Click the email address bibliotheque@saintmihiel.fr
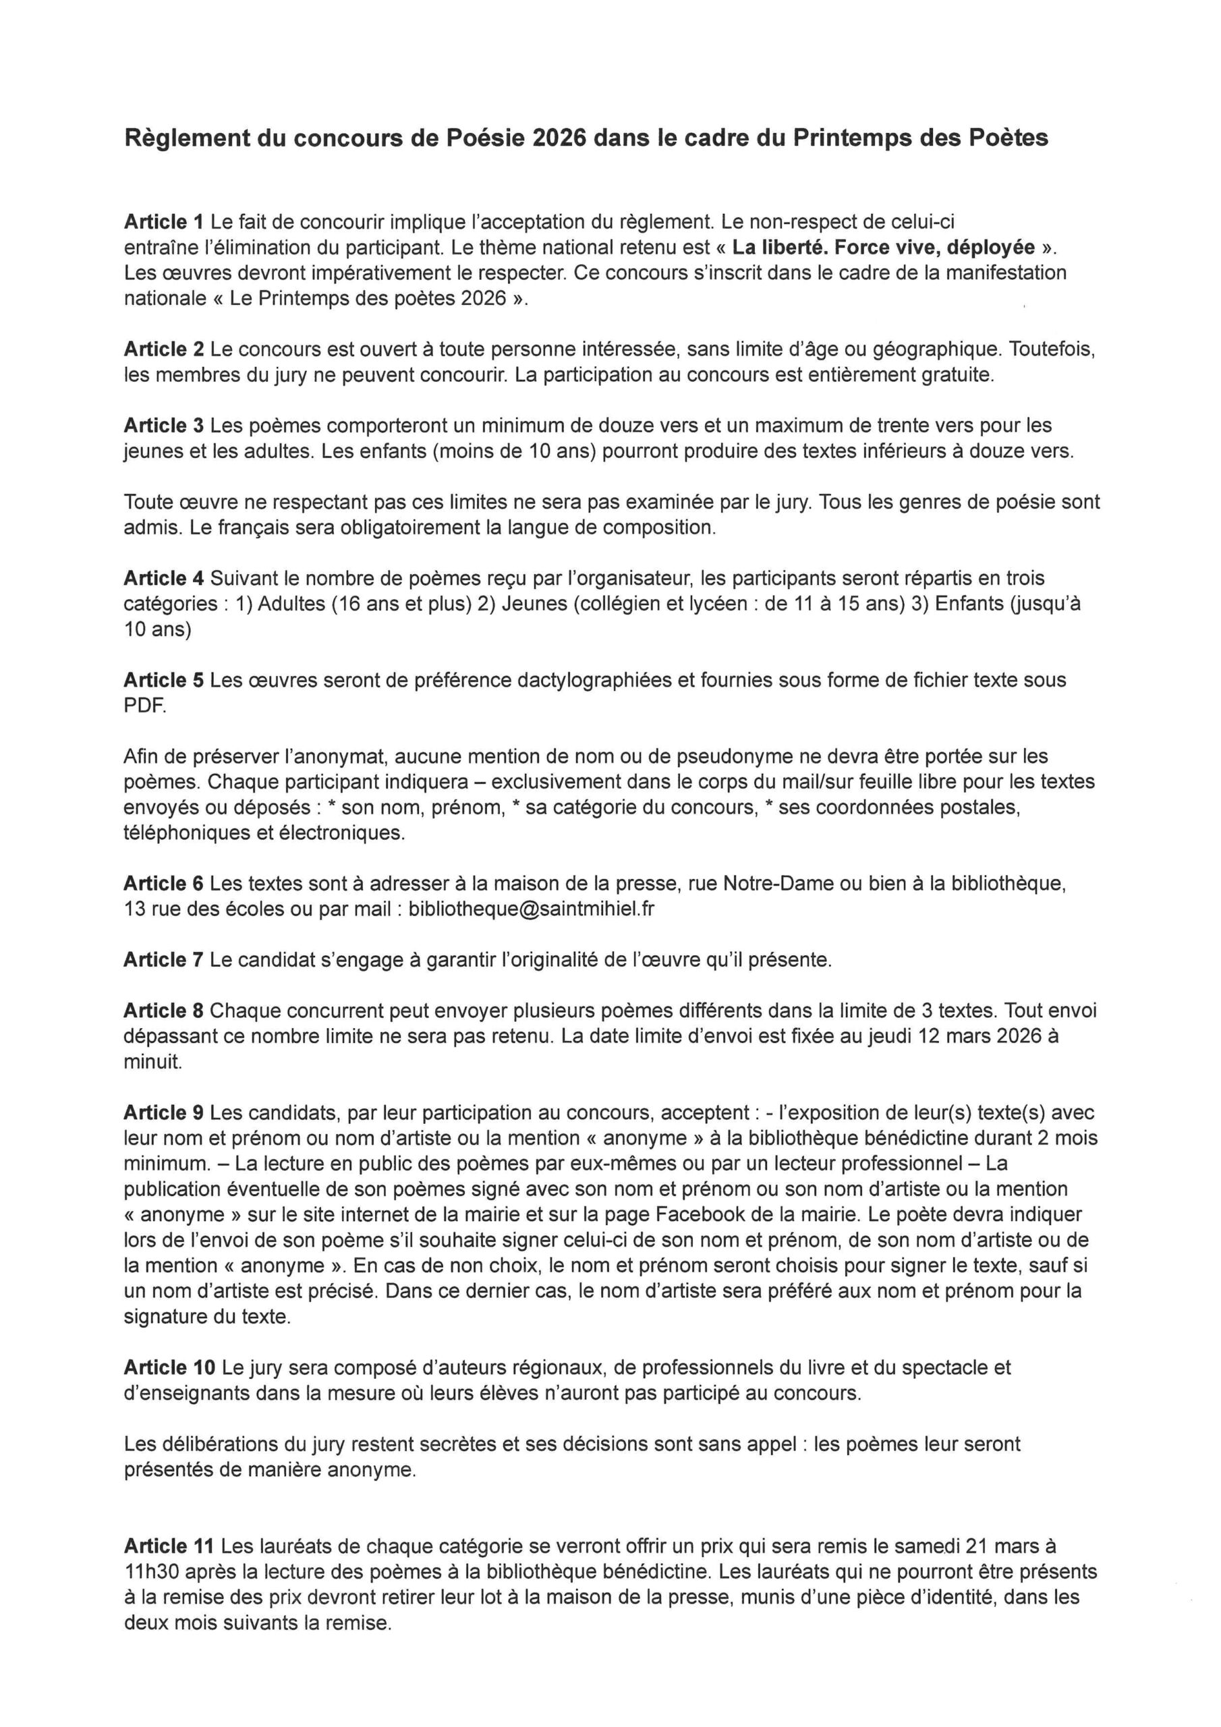tap(531, 909)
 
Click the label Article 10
tap(169, 1367)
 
